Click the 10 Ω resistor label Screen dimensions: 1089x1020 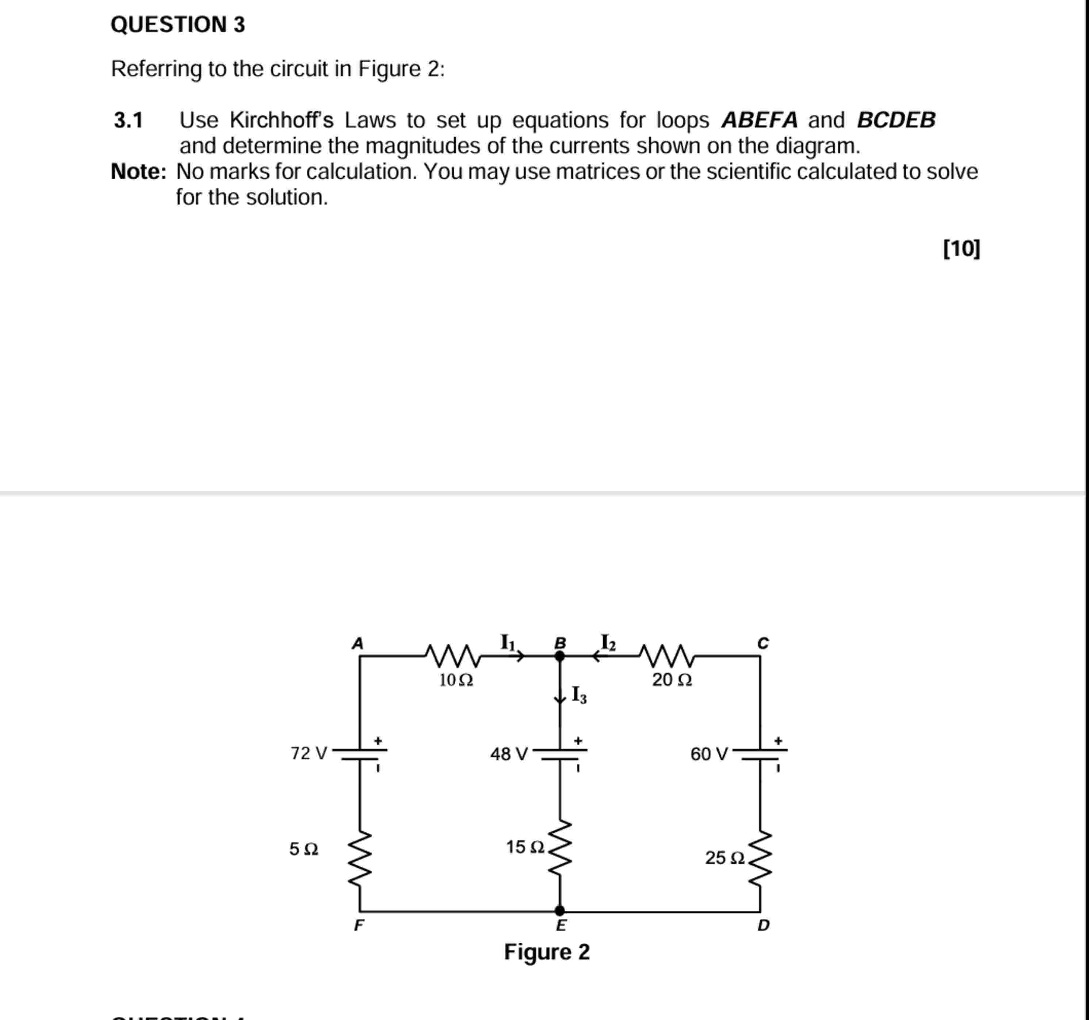456,680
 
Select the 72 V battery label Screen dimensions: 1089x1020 308,753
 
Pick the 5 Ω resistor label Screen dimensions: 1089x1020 303,849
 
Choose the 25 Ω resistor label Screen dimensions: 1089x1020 724,857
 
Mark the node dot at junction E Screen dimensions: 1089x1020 560,910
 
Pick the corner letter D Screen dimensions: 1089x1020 763,925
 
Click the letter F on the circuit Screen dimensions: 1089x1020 359,925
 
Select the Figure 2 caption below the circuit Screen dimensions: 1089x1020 547,952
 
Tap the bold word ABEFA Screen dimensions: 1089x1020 759,119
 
